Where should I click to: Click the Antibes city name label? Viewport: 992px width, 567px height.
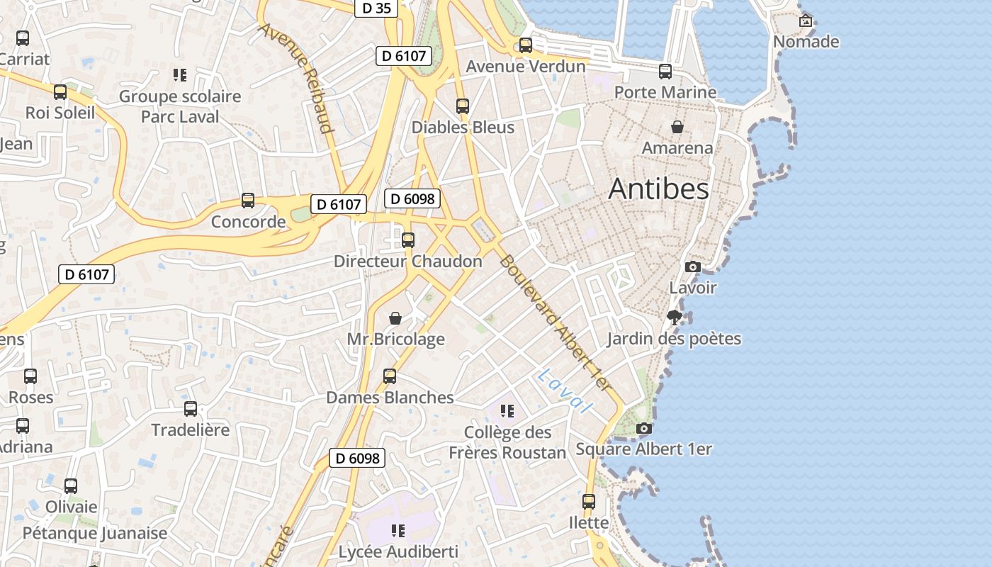658,189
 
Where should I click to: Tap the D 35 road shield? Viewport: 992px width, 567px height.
376,8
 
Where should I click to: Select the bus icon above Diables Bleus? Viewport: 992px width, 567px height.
463,106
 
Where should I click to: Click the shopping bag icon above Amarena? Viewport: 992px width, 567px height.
677,127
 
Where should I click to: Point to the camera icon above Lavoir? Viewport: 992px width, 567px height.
693,267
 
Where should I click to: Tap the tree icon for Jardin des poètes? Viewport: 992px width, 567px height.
675,317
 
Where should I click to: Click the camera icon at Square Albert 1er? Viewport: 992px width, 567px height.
643,428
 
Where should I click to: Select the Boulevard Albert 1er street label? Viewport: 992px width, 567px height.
554,323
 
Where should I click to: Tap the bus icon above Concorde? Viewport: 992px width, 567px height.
248,201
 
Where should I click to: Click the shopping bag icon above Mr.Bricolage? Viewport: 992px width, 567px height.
395,318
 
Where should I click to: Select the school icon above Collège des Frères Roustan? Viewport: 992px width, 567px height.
507,410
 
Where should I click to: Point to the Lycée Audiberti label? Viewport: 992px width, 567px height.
398,551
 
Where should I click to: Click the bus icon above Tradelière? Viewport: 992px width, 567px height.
191,409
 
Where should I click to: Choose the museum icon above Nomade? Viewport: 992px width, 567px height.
806,21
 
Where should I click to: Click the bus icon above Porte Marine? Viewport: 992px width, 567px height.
665,71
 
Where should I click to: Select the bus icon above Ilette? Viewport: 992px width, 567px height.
589,502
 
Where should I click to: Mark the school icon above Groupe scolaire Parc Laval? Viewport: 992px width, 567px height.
179,74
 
